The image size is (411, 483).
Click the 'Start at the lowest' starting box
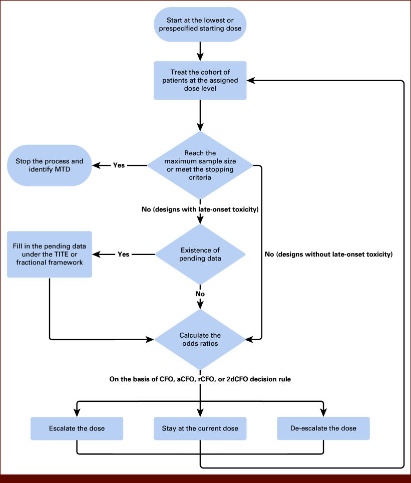tap(200, 25)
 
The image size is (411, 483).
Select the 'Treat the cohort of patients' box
tap(200, 80)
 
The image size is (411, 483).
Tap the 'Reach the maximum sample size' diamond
tap(200, 165)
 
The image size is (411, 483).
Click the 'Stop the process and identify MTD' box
tap(50, 165)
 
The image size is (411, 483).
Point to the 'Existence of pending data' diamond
tap(200, 254)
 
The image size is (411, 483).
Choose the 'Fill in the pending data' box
tap(50, 255)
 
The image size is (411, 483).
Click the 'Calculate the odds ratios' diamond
tap(200, 340)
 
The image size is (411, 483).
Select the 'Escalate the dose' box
tap(77, 428)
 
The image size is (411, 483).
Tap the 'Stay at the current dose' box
tap(200, 428)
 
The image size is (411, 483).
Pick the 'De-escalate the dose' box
tap(323, 428)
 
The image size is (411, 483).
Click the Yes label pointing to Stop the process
tap(119, 165)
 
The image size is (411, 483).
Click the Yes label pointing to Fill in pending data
tap(124, 255)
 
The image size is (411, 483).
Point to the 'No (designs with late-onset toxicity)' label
tap(200, 209)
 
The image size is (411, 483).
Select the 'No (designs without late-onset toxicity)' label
tap(329, 255)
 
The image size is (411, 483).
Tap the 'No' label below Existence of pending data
tap(200, 294)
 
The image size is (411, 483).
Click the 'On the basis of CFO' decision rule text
tap(200, 379)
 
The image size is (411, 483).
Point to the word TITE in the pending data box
tap(62, 255)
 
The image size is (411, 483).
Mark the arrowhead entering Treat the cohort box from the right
tap(251, 80)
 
